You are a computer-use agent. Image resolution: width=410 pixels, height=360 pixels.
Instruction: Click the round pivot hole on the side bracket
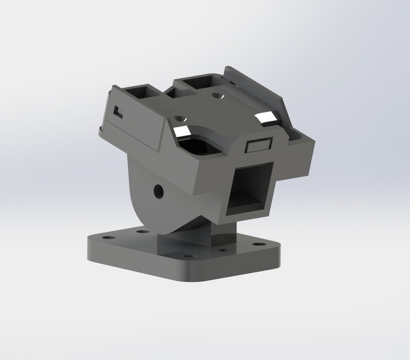click(x=158, y=192)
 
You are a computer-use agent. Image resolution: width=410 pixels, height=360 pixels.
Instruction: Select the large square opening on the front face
click(x=250, y=189)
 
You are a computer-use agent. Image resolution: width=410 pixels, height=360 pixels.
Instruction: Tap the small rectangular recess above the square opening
click(x=259, y=145)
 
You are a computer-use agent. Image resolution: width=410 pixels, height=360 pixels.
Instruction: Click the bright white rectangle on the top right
click(x=266, y=118)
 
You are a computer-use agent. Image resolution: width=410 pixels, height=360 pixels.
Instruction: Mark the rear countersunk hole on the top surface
click(x=217, y=96)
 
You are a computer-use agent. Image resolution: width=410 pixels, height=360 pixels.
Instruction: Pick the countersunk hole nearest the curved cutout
click(x=181, y=118)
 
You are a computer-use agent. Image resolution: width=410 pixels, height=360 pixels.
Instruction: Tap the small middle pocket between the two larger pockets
click(x=171, y=95)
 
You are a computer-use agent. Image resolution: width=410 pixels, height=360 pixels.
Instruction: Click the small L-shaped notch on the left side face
click(x=118, y=111)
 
